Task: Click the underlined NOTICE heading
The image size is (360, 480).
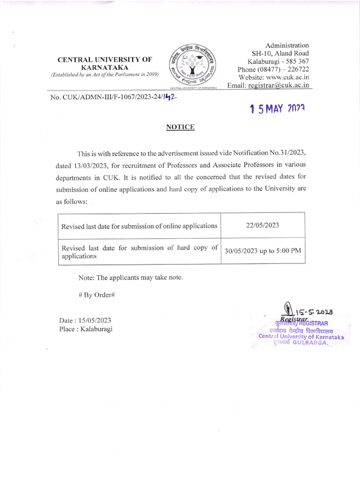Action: pos(180,127)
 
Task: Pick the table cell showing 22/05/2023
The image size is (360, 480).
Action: pos(262,225)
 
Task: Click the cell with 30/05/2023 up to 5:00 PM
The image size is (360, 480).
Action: pos(262,250)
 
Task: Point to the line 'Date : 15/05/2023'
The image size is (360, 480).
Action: pos(85,320)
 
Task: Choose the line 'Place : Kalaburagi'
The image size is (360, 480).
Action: pos(86,329)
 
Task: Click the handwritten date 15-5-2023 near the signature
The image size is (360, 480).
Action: pos(314,311)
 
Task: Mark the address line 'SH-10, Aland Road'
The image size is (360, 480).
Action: pos(280,53)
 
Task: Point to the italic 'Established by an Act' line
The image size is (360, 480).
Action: pos(105,75)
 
